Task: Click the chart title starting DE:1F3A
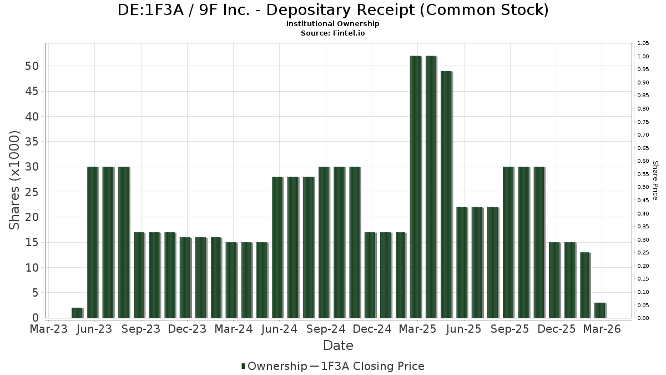coord(333,10)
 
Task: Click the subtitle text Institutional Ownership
coord(333,24)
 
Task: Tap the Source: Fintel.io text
coord(333,33)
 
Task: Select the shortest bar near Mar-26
coord(599,311)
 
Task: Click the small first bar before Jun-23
coord(77,313)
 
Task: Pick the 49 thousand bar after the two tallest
coord(446,194)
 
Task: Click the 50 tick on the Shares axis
coord(31,66)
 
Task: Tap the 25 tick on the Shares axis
coord(31,192)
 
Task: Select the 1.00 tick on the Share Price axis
coord(643,56)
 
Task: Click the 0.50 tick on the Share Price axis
coord(643,187)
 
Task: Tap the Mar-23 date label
coord(49,329)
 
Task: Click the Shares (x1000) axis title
coord(15,180)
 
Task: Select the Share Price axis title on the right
coord(655,181)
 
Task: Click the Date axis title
coord(338,346)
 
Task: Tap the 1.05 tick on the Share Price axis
coord(643,43)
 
